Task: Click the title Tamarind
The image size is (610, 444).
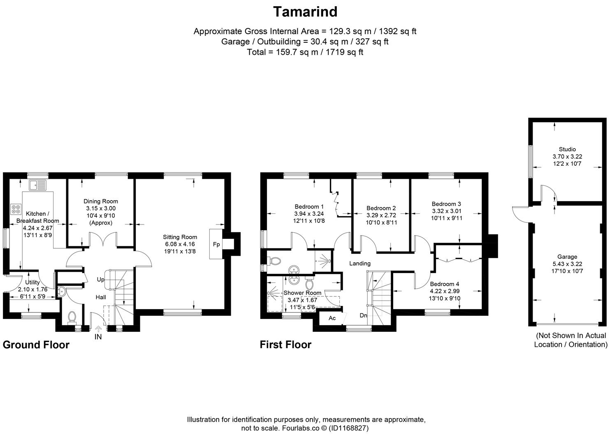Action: click(x=305, y=12)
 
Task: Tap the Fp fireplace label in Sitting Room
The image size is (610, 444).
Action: click(x=216, y=245)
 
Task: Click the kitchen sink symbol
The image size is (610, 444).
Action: click(x=38, y=185)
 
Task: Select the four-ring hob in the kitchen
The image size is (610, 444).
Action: click(x=16, y=209)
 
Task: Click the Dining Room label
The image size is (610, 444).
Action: click(x=101, y=201)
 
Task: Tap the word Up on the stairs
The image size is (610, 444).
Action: click(x=100, y=280)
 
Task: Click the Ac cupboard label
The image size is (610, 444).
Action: click(x=332, y=318)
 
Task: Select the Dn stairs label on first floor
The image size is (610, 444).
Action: click(x=363, y=315)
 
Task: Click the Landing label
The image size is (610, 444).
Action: click(x=360, y=263)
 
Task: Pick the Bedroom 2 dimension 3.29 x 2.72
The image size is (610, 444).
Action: click(x=381, y=215)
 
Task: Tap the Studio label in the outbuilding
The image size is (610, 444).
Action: click(x=567, y=149)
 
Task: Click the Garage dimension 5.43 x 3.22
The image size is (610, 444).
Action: click(x=567, y=264)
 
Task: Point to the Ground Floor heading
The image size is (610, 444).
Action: click(x=36, y=345)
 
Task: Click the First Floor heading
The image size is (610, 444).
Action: click(x=285, y=345)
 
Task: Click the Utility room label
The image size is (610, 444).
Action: click(x=32, y=282)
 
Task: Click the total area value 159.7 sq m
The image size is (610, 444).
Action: click(x=292, y=52)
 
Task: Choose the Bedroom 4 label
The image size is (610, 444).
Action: click(x=444, y=284)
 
